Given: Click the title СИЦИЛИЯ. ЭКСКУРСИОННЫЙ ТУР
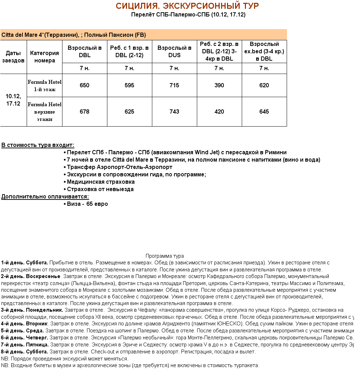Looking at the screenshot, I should coord(187,6).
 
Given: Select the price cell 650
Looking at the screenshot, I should coord(85,86).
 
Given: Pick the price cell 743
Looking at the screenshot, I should coord(174,112).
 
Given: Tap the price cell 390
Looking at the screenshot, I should coord(219,86).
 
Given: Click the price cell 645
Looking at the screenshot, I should coord(264,112).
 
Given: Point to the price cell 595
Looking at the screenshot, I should coord(129,86).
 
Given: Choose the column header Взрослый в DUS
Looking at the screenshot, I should coord(174,52).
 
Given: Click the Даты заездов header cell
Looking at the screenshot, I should coord(13,57).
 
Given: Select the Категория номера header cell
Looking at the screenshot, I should coord(45,57).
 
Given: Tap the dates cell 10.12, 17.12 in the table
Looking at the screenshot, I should coord(13,100).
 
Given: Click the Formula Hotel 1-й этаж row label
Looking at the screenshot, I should coord(45,86).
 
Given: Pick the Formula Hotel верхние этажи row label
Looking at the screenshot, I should coord(45,112).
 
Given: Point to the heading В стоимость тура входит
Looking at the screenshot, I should coord(38,145).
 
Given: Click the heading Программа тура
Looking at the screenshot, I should coord(165,256).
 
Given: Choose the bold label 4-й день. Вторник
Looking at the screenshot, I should coord(24,324).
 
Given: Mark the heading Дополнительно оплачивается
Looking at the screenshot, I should coord(45,197).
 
